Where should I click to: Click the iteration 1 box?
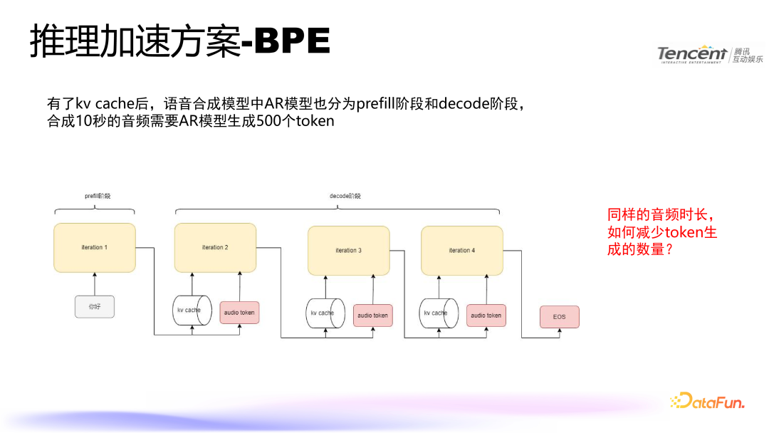(x=94, y=247)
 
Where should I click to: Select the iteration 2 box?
(x=215, y=247)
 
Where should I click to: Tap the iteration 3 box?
(x=348, y=251)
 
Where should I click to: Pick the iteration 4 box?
(x=461, y=251)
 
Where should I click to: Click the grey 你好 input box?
(x=94, y=306)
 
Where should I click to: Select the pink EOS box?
(x=559, y=316)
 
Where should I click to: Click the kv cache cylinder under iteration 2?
(x=192, y=311)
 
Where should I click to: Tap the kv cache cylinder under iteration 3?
(x=325, y=313)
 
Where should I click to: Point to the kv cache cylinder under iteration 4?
(x=438, y=313)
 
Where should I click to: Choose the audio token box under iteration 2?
(x=239, y=312)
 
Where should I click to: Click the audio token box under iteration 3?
(x=372, y=315)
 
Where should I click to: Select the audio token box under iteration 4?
(x=486, y=315)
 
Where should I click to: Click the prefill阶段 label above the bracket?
(x=98, y=195)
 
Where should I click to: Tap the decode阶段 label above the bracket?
(x=345, y=195)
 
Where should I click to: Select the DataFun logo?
(x=706, y=401)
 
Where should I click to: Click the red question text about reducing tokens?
(x=661, y=232)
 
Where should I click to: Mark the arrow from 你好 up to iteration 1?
(x=94, y=283)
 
